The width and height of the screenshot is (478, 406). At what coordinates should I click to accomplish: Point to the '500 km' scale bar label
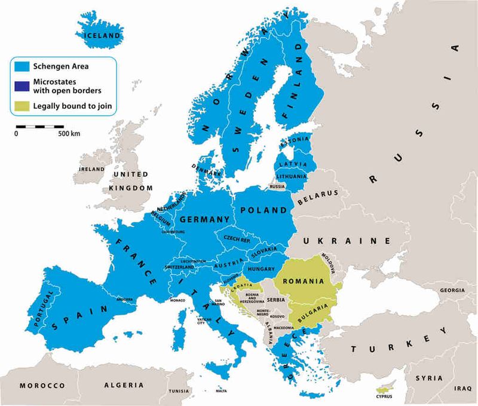(x=69, y=133)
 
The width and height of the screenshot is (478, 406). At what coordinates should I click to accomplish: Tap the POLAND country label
(x=263, y=210)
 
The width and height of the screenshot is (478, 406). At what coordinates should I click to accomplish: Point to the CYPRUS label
(x=385, y=395)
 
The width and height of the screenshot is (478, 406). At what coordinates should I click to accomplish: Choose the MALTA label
(x=222, y=391)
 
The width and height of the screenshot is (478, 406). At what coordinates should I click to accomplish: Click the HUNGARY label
(x=260, y=270)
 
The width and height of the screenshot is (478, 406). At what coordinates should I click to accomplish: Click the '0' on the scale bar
(x=16, y=133)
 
